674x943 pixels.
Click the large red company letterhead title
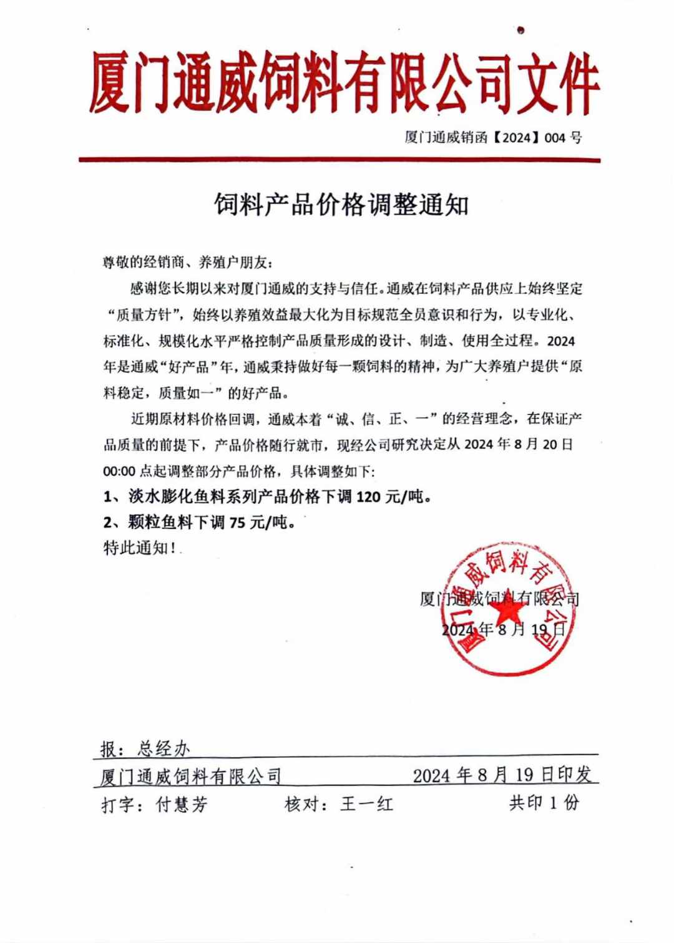(x=342, y=84)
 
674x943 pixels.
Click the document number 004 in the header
(x=555, y=138)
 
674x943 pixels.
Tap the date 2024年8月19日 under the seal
(x=503, y=629)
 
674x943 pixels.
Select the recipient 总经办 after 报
(x=164, y=748)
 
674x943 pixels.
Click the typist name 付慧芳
(x=182, y=805)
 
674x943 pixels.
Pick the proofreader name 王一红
(x=367, y=804)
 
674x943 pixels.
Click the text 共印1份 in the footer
(x=544, y=803)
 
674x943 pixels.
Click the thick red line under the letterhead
(x=339, y=160)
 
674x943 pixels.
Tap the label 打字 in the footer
(x=118, y=805)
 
